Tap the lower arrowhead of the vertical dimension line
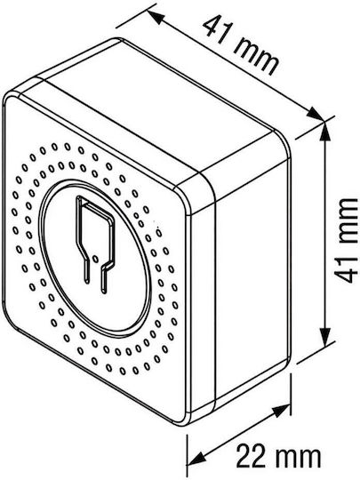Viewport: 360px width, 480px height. point(325,338)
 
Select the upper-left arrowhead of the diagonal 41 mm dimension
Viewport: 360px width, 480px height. point(155,18)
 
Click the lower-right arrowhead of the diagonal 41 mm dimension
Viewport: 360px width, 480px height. point(316,114)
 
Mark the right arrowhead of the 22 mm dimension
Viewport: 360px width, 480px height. point(281,411)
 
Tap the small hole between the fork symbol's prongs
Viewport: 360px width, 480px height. point(95,259)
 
